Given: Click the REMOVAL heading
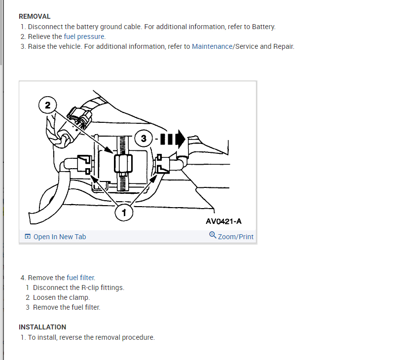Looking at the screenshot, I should click(x=35, y=16).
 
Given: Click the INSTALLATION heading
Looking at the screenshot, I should click(x=42, y=327).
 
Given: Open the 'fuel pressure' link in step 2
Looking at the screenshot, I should click(x=84, y=36).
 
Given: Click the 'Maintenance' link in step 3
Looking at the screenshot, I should click(x=212, y=46).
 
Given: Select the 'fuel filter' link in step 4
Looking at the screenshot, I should click(x=80, y=278).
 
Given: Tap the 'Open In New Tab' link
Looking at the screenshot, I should click(x=59, y=237).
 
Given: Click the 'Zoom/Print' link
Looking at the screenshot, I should click(x=235, y=237).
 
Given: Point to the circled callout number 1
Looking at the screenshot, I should click(x=124, y=213).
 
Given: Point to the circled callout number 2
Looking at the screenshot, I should click(x=47, y=105).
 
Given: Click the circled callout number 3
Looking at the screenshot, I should click(x=144, y=139).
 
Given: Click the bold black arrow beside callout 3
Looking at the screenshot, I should click(x=176, y=139).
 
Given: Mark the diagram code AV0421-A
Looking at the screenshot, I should click(x=223, y=221).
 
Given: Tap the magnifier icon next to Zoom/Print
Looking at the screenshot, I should click(x=213, y=235).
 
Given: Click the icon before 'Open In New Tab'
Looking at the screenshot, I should click(x=28, y=237).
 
